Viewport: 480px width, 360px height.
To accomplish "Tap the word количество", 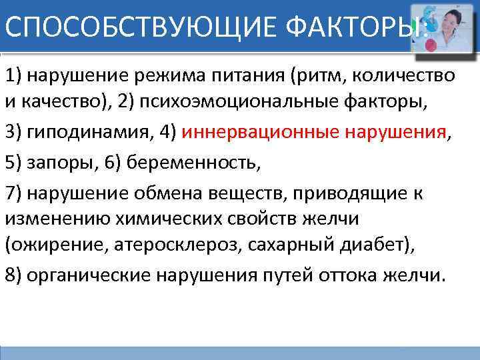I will pyautogui.click(x=405, y=75).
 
